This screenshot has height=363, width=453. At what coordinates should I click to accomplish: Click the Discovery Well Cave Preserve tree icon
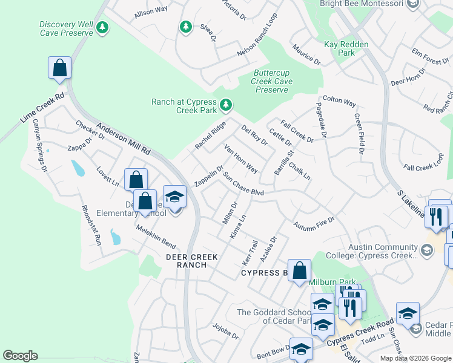click(x=103, y=27)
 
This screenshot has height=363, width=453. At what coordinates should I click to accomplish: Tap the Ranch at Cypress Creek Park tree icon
click(x=226, y=105)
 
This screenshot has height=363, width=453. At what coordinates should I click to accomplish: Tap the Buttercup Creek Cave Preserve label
click(x=272, y=82)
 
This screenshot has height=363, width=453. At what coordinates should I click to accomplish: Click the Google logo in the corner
click(x=20, y=356)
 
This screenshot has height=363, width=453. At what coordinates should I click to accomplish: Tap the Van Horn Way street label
click(x=240, y=159)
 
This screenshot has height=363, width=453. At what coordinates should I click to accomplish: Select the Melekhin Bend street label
click(x=156, y=238)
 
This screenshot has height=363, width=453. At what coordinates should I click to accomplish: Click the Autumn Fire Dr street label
click(x=314, y=223)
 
